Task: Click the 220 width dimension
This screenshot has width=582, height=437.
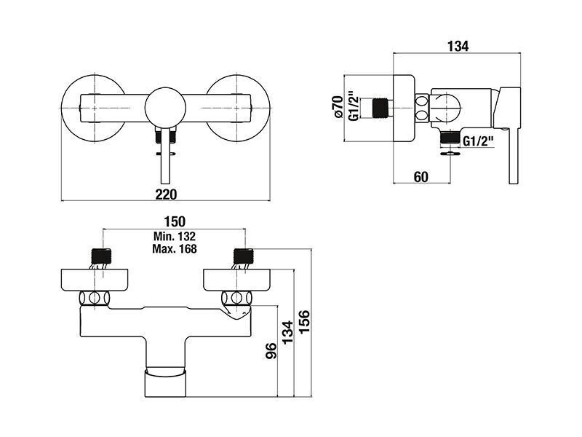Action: coord(166,194)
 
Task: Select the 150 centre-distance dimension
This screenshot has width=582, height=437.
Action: coord(175,221)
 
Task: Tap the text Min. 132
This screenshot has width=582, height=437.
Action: coord(175,236)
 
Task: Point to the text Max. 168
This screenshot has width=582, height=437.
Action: coord(175,248)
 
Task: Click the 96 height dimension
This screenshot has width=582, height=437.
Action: coord(271,351)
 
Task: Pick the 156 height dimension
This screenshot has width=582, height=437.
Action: coord(304,322)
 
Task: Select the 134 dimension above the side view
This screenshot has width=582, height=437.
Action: coord(458,47)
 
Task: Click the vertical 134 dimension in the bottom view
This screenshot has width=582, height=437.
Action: coord(287,333)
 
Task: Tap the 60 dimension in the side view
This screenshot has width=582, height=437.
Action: coord(421,177)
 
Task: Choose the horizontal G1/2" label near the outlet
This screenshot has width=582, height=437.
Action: coord(479,141)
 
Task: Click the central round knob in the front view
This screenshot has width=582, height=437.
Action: coord(165,108)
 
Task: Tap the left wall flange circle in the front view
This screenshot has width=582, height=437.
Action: coord(94,108)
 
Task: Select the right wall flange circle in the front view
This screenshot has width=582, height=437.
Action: coord(238,108)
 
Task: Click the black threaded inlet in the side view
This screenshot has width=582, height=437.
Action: coord(380,108)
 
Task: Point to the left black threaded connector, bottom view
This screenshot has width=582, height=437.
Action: coord(101,256)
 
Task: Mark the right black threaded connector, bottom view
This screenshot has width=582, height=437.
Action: coord(244,256)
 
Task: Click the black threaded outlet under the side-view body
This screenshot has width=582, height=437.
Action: coord(450,138)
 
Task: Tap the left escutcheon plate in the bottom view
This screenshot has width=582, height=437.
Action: coord(95,280)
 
